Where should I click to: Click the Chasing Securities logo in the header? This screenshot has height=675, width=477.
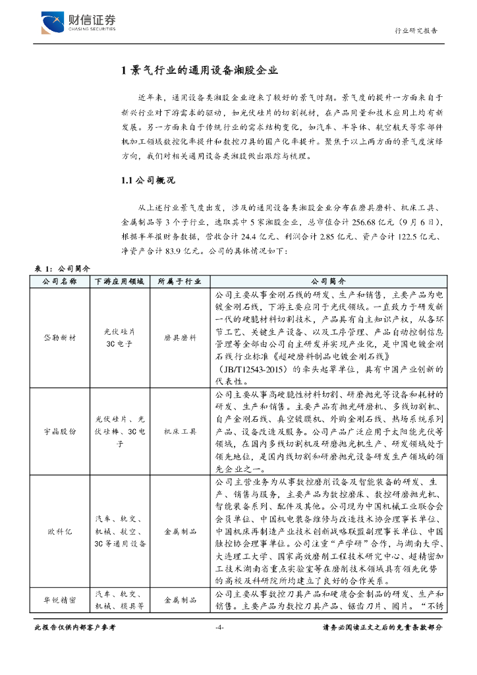pos(78,22)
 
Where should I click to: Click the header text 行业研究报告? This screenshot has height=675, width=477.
pos(416,31)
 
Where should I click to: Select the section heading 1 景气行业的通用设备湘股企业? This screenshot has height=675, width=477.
pos(200,71)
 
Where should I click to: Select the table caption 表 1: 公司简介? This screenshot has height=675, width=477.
pos(62,270)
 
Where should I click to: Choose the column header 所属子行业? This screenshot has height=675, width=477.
pos(181,281)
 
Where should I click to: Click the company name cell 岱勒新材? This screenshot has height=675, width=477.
pos(60,337)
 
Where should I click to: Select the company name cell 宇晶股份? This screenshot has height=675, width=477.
pos(60,430)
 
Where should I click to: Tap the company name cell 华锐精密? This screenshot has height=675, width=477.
pos(60,601)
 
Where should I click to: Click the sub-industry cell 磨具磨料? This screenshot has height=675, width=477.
pos(181,337)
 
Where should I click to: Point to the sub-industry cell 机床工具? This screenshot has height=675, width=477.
pos(181,430)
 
